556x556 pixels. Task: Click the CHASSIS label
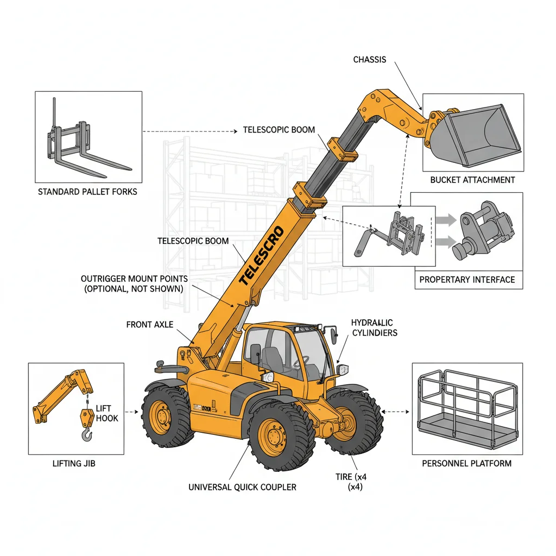click(369, 59)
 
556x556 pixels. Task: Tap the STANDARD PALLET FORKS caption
click(87, 192)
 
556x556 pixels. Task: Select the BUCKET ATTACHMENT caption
click(472, 180)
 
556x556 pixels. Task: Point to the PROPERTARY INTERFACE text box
click(467, 280)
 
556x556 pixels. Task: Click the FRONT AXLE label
click(149, 325)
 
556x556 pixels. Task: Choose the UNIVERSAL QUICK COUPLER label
click(242, 487)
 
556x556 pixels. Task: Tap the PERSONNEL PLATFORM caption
click(466, 463)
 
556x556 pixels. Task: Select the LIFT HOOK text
click(107, 413)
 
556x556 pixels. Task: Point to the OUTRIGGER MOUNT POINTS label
click(134, 284)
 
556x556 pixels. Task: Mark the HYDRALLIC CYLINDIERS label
click(374, 327)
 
